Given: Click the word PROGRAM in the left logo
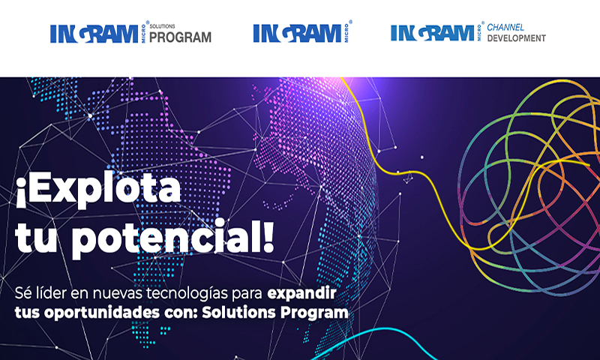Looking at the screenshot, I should pyautogui.click(x=181, y=37).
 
